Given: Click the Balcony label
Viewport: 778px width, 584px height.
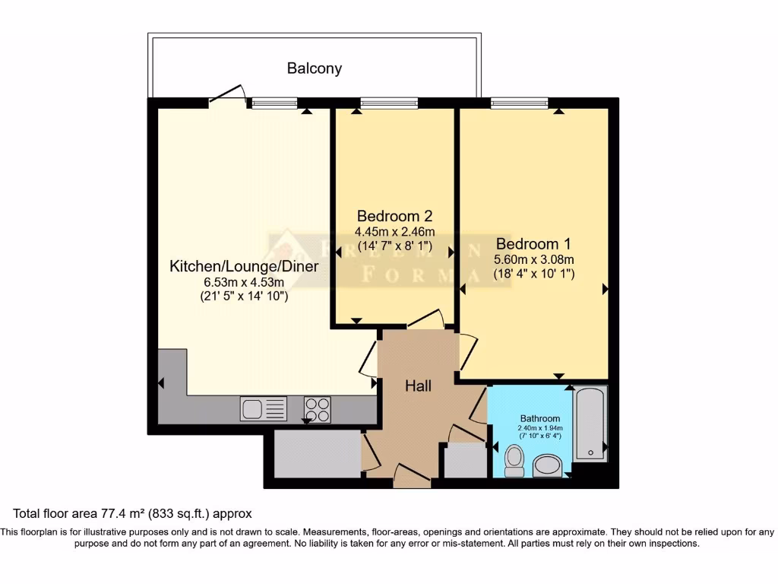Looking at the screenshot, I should pyautogui.click(x=314, y=68).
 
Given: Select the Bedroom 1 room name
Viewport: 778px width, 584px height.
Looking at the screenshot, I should pyautogui.click(x=533, y=244).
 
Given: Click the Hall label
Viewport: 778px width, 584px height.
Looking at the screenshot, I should pyautogui.click(x=418, y=386).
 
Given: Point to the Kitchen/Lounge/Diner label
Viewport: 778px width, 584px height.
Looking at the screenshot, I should pyautogui.click(x=243, y=266).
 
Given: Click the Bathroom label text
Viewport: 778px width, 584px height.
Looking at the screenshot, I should pyautogui.click(x=540, y=418).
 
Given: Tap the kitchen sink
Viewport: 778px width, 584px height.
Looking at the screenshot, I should pyautogui.click(x=264, y=408).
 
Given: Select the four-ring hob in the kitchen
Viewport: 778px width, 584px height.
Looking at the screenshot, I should pyautogui.click(x=318, y=409).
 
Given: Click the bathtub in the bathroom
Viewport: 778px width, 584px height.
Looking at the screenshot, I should pyautogui.click(x=590, y=424).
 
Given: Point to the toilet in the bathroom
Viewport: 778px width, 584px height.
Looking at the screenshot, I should pyautogui.click(x=514, y=460).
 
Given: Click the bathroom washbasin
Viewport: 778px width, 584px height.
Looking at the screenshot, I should pyautogui.click(x=547, y=465).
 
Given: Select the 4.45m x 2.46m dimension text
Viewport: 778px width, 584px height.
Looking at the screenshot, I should pyautogui.click(x=394, y=231).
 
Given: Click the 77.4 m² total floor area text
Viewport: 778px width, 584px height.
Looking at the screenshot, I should pyautogui.click(x=132, y=514).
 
